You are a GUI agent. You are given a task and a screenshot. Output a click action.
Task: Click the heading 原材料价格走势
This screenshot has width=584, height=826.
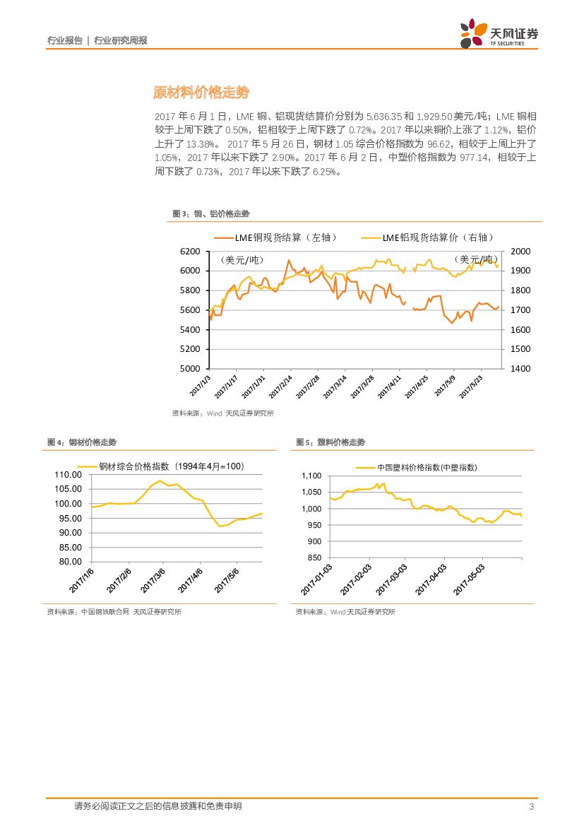coord(201,93)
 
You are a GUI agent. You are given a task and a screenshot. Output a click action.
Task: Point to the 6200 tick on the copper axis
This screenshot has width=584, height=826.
coord(191,252)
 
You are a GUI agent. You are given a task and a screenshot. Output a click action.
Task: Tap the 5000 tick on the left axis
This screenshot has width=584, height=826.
coord(191,369)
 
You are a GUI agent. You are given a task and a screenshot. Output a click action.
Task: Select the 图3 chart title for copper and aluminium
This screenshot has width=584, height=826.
coord(211,213)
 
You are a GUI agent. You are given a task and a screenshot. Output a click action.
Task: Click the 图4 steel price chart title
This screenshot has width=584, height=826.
coord(82,442)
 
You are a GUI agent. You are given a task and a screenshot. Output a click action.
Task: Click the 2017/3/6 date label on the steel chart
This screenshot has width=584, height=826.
coord(153,579)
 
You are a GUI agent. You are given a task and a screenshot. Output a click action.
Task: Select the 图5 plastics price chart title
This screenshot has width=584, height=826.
coord(330,442)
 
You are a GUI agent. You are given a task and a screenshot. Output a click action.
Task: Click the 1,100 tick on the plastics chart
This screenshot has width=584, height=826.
coord(311,476)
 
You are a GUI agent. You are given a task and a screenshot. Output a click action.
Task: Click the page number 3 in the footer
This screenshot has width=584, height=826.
coord(531,807)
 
